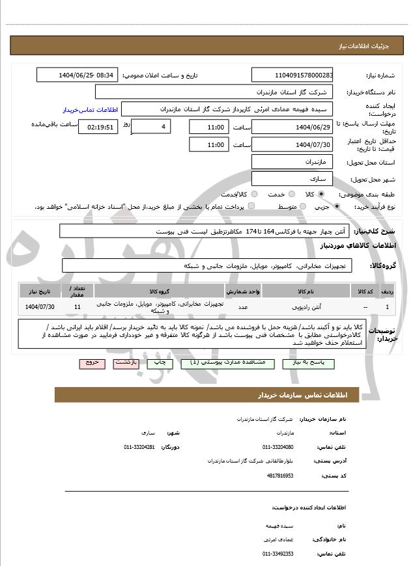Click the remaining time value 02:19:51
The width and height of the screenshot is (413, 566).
pos(98,127)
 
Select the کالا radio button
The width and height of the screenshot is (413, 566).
pos(321,194)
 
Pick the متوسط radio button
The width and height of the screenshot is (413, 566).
pos(302,206)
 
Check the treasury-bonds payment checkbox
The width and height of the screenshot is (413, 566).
pos(251,206)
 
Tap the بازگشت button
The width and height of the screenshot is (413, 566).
pos(126,363)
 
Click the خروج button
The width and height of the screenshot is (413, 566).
pos(92,363)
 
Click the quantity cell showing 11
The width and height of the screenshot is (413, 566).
pos(78,306)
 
